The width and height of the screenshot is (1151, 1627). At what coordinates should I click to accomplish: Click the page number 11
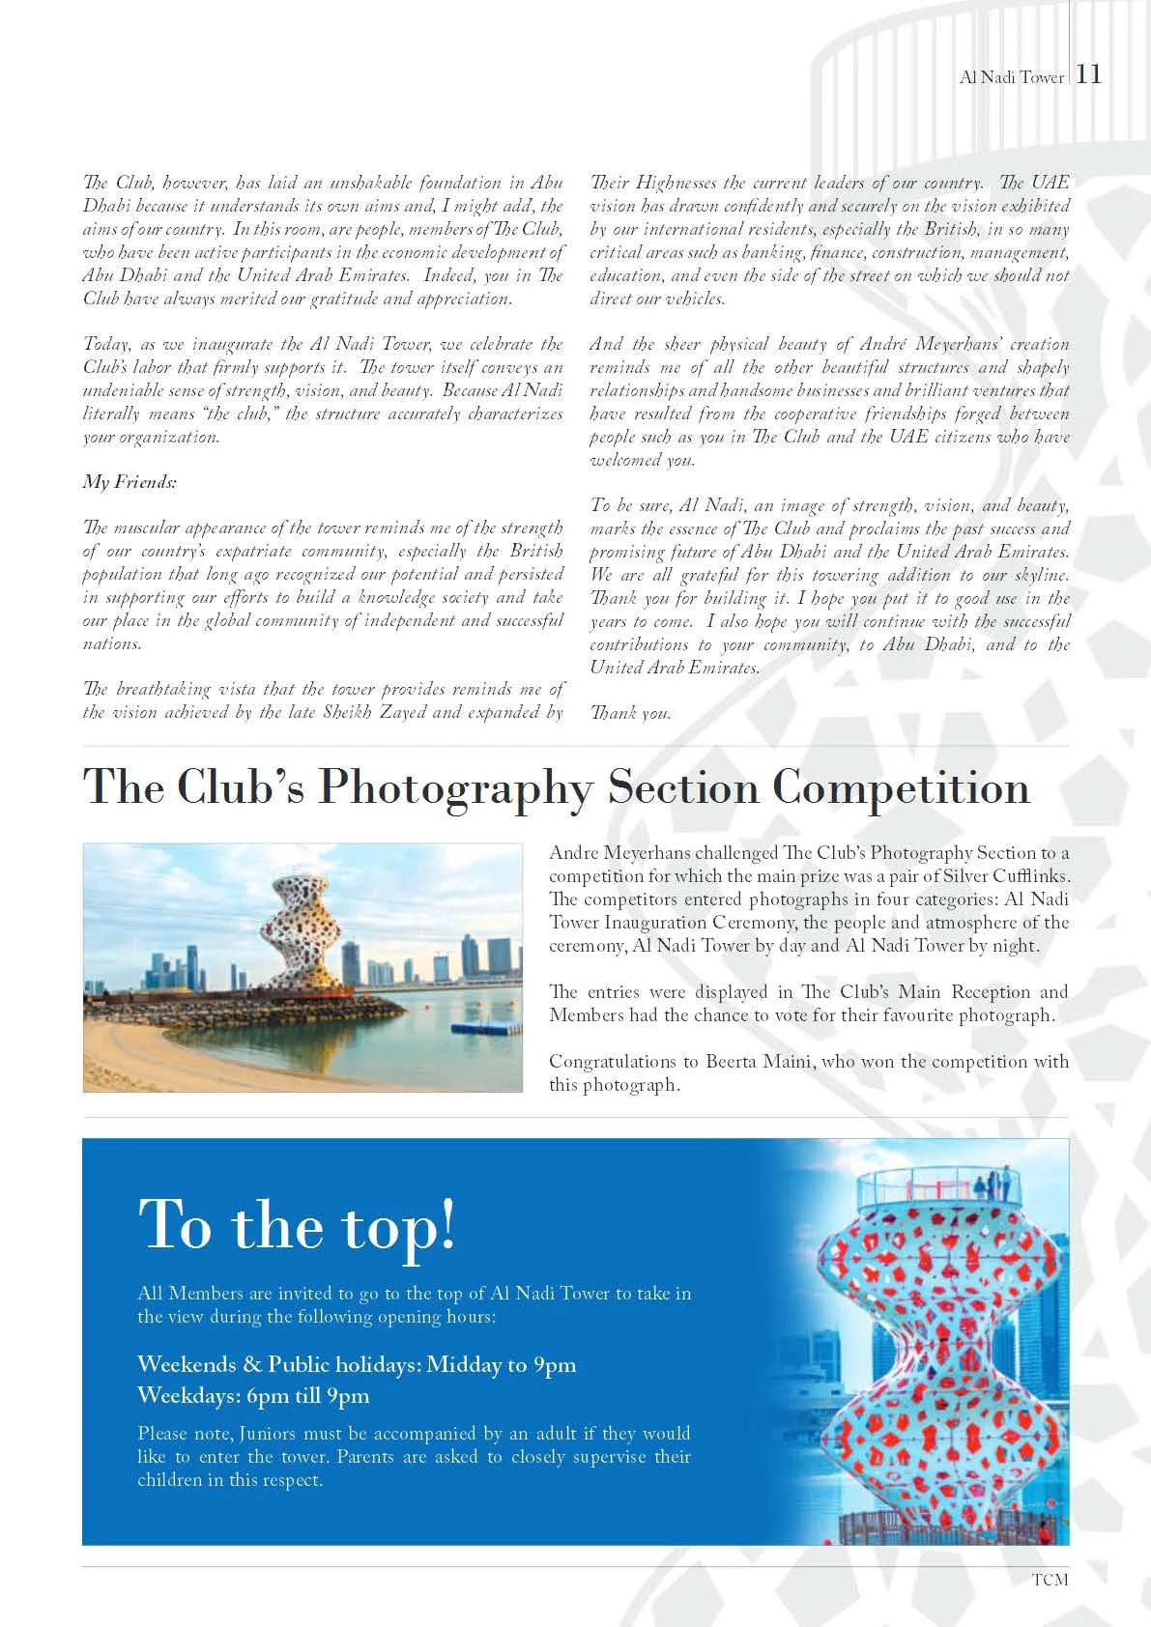pyautogui.click(x=1089, y=75)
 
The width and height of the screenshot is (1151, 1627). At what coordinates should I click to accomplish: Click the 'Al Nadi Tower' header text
pyautogui.click(x=1011, y=77)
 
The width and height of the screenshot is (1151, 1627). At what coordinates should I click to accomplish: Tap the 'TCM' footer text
pyautogui.click(x=1050, y=1580)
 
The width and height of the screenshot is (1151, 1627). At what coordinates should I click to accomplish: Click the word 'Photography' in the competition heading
pyautogui.click(x=454, y=788)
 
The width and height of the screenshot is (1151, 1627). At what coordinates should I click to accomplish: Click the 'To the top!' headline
pyautogui.click(x=297, y=1224)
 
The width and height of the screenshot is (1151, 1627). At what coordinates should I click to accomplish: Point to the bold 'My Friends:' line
pyautogui.click(x=129, y=482)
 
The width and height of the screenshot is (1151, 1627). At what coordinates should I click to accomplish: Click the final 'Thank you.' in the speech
pyautogui.click(x=630, y=714)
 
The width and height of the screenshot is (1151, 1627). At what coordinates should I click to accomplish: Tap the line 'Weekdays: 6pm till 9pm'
pyautogui.click(x=253, y=1395)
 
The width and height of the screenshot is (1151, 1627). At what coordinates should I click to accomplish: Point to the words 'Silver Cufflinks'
pyautogui.click(x=1001, y=876)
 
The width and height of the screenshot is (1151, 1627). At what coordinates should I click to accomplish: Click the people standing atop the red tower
pyautogui.click(x=993, y=1184)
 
